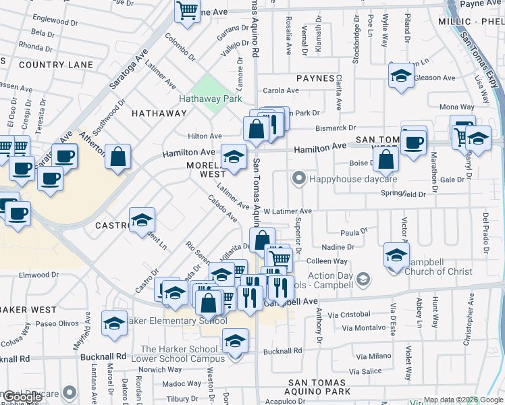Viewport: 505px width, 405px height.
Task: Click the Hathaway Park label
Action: point(210,99)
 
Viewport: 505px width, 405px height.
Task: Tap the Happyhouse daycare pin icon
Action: point(298,179)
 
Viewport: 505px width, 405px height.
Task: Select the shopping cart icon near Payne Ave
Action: point(186,10)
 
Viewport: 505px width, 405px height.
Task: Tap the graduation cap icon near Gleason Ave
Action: point(401,76)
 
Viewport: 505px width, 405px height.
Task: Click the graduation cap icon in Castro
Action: point(142,220)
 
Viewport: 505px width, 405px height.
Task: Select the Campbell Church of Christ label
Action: point(437,271)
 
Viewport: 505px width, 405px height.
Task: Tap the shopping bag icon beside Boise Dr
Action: point(386,161)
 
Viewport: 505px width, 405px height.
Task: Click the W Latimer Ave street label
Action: point(288,211)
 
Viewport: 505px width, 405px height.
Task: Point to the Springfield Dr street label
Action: point(404,194)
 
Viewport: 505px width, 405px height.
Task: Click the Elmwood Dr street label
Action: point(39,275)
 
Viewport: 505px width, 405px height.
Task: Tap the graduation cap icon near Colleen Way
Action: point(396,254)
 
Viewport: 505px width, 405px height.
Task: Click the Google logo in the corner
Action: point(22,398)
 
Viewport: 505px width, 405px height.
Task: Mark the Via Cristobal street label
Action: point(346,315)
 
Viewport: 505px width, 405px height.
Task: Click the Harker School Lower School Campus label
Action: point(179,354)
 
